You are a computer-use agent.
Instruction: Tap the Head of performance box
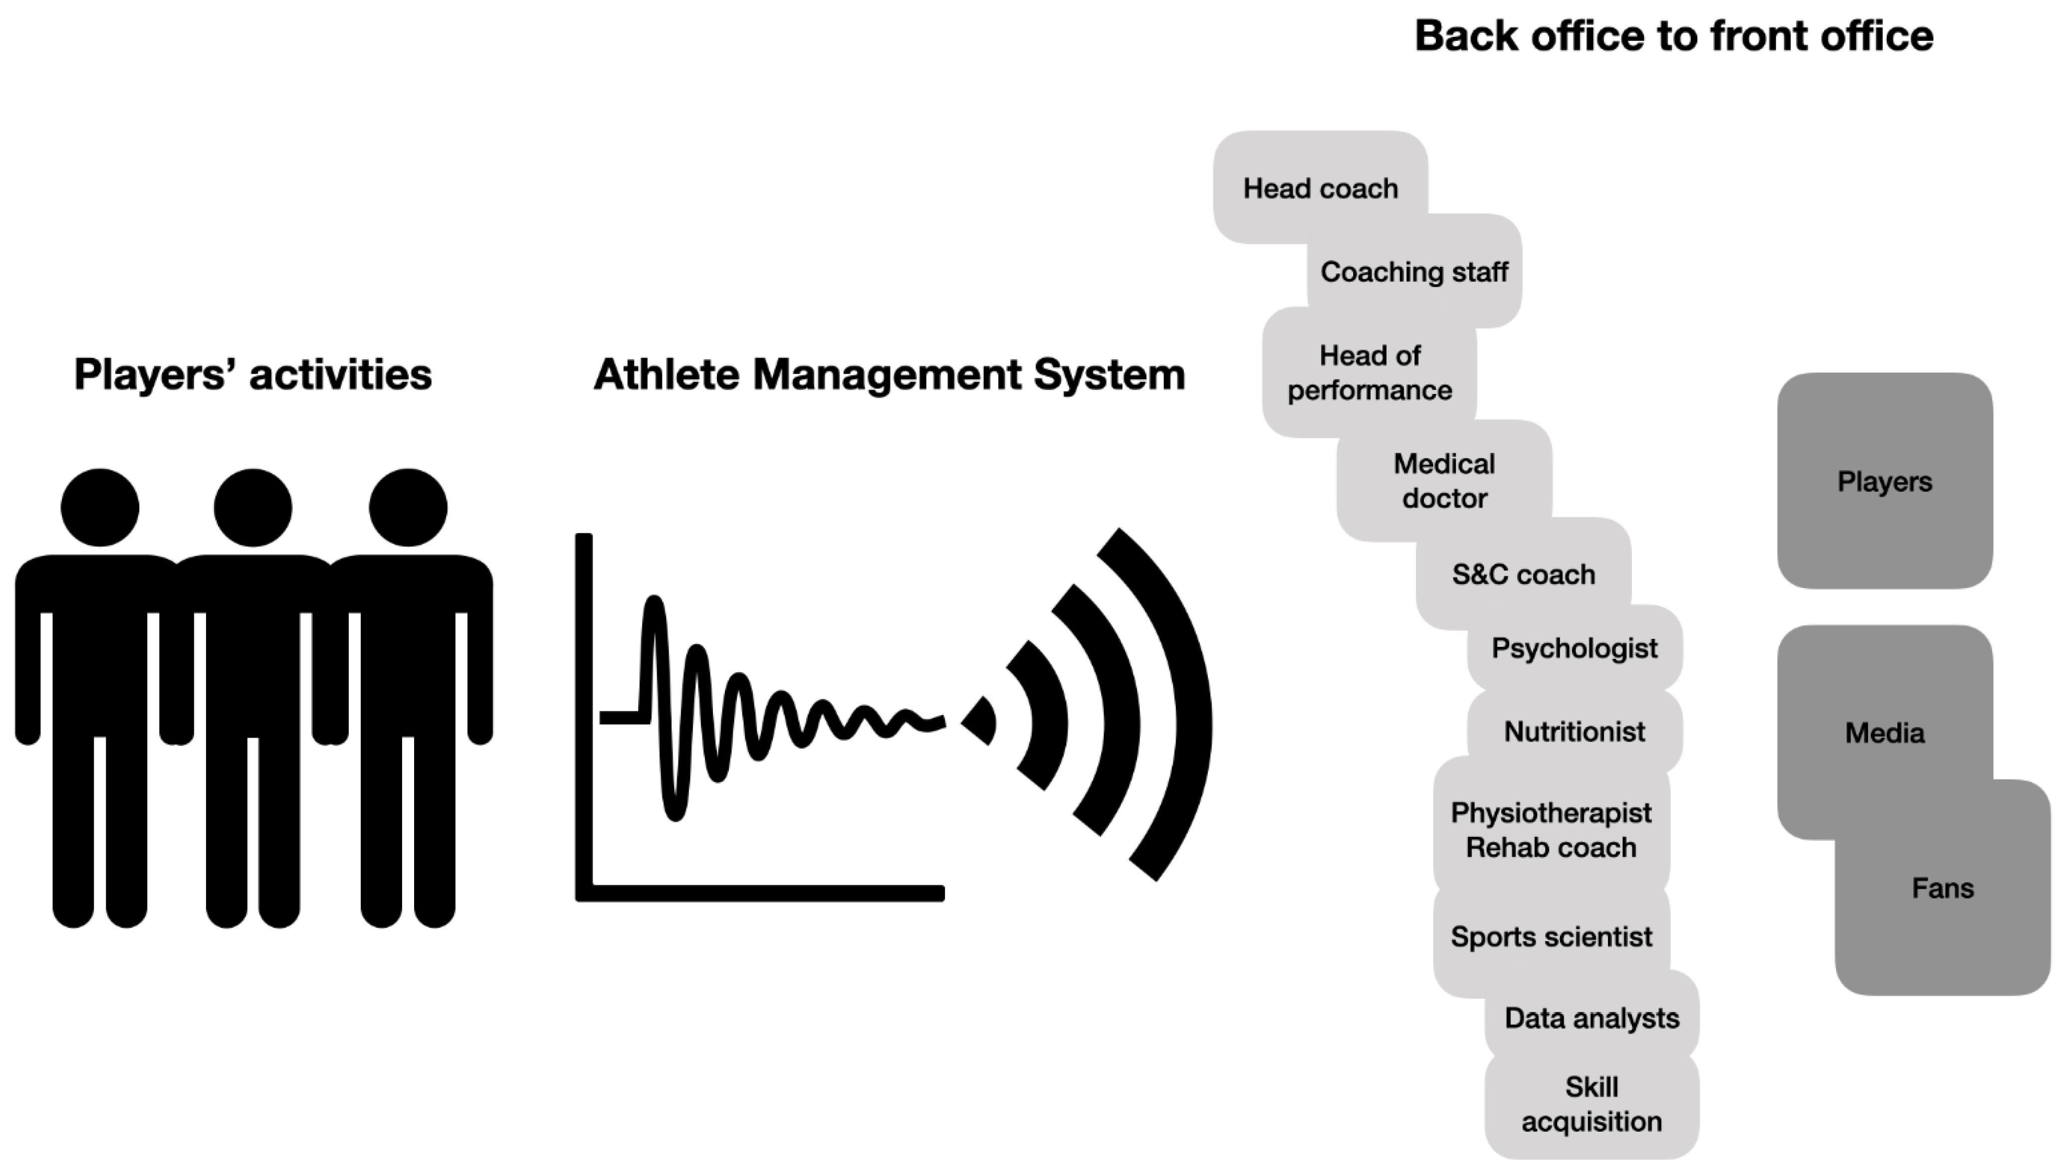point(1370,372)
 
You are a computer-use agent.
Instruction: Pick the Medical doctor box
point(1444,481)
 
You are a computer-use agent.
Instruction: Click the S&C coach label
point(1523,574)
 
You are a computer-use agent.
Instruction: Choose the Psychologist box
point(1574,648)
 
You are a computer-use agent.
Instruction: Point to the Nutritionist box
point(1574,731)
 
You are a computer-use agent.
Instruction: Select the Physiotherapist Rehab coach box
point(1551,830)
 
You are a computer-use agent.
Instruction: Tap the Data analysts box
point(1592,1018)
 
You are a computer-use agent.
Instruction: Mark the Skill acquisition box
point(1592,1104)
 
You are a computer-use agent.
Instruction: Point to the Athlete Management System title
point(889,375)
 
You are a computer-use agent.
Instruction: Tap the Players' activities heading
point(253,375)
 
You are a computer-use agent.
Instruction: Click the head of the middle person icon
point(253,508)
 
